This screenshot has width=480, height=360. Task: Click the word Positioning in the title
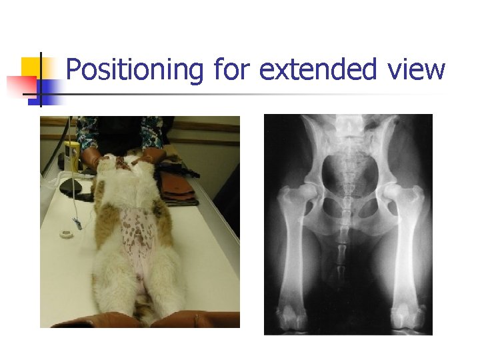[135, 70]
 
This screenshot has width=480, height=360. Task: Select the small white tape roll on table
[65, 234]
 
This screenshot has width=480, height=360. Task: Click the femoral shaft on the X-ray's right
[404, 260]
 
